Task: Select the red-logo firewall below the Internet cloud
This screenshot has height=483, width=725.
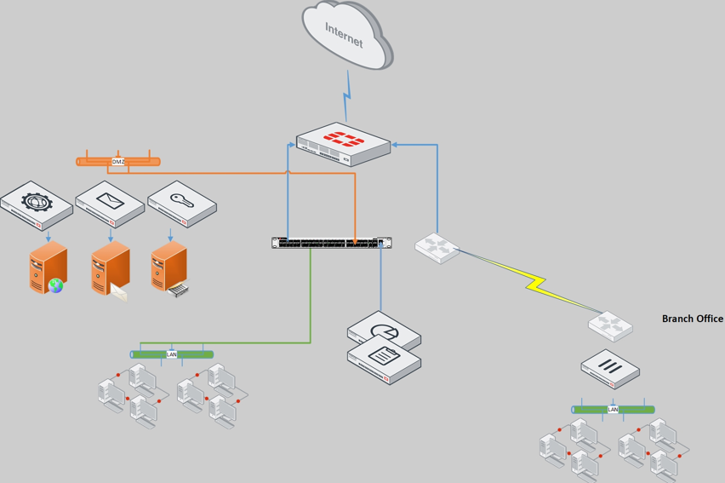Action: coord(344,144)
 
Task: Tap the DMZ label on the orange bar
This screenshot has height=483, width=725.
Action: coord(118,161)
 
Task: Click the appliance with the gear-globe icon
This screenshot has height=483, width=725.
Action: coord(36,205)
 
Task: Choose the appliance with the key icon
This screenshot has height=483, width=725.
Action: coord(182,204)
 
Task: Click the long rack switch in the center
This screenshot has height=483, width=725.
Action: coord(332,243)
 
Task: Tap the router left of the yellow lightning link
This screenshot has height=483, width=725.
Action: coord(437,247)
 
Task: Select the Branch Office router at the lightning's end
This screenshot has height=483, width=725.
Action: coord(610,325)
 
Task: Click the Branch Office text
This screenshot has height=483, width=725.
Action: coord(692,319)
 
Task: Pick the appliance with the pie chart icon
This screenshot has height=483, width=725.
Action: coord(385,331)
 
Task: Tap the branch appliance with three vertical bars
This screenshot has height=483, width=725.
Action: coord(610,369)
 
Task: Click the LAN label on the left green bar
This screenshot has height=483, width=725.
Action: coord(172,354)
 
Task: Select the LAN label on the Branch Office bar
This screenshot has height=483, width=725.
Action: coord(613,410)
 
